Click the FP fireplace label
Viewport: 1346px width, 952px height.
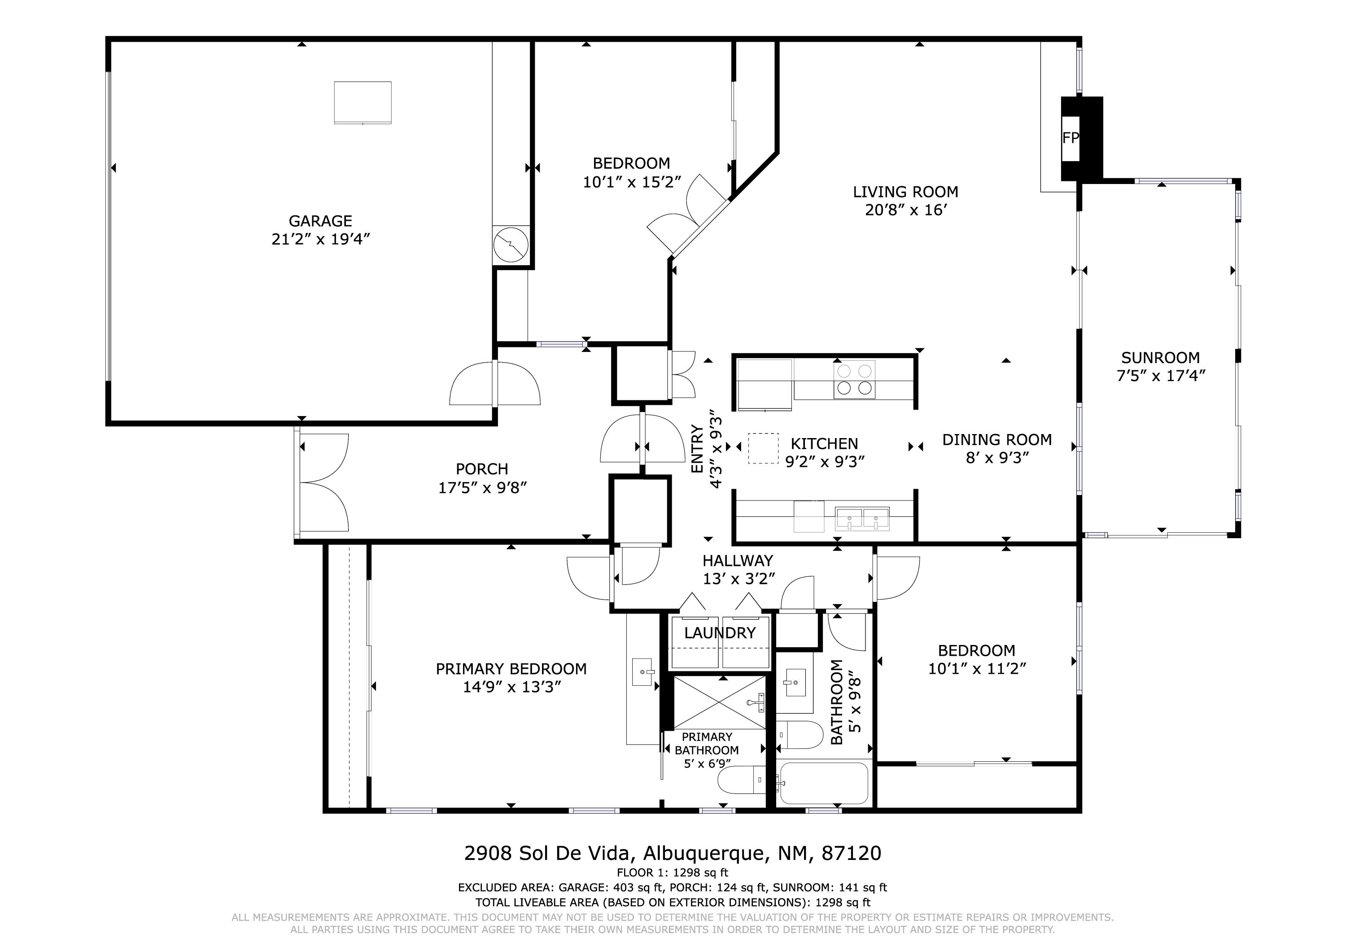click(1071, 138)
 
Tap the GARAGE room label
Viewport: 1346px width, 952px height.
click(320, 221)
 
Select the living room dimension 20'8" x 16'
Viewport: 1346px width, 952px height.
click(906, 210)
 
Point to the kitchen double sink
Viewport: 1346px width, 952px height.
click(862, 518)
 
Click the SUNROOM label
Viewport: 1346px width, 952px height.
click(1160, 357)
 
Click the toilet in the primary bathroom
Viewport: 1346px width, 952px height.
click(742, 781)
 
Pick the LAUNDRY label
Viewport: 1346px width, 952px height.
click(720, 633)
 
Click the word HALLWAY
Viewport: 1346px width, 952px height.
click(738, 561)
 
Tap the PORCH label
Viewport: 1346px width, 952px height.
click(482, 469)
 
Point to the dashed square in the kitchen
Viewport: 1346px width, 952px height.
click(763, 449)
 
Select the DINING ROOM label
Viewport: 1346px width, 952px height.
click(997, 440)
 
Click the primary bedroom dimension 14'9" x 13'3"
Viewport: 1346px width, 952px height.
click(512, 687)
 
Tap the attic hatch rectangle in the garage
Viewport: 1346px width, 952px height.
click(363, 103)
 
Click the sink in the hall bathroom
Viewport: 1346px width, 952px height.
click(794, 683)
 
